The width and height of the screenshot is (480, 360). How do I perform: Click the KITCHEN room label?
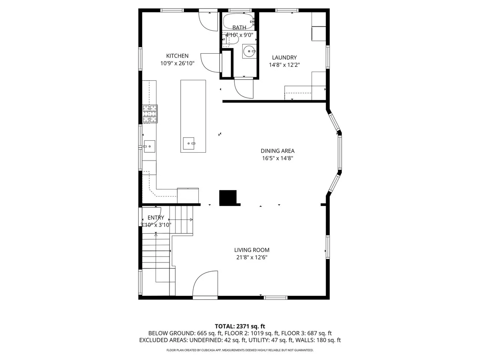point(177,56)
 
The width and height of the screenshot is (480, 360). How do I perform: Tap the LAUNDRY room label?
point(284,57)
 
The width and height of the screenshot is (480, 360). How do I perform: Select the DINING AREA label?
point(277,151)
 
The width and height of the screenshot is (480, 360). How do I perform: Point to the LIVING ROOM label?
point(252,250)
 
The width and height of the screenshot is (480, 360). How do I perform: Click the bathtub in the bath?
point(239,21)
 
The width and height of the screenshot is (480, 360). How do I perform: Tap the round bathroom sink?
point(249,51)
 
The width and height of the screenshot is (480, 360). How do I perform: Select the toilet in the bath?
point(230,39)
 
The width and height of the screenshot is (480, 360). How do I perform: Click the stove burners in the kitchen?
point(150,114)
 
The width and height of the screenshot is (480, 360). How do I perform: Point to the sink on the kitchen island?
point(189,143)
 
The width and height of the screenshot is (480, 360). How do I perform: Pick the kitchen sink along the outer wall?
point(149,147)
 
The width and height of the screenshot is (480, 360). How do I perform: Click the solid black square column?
point(228,198)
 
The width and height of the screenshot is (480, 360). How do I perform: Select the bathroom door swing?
point(244,88)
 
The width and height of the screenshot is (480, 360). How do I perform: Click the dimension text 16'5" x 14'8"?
point(277,158)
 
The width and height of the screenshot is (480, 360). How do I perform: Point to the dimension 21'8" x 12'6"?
point(252,257)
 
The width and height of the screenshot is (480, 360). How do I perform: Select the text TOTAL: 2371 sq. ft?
point(240,326)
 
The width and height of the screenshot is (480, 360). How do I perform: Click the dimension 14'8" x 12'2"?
point(284,65)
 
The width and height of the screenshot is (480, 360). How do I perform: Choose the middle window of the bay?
point(340,152)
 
